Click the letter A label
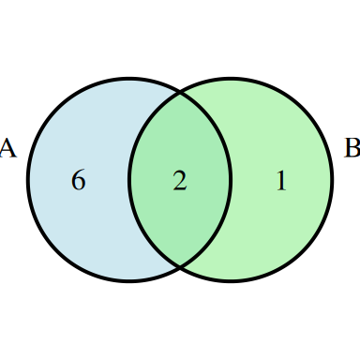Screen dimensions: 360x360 (7, 148)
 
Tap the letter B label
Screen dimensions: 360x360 (352, 148)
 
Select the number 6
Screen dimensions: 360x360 (79, 180)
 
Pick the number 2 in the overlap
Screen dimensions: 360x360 (180, 180)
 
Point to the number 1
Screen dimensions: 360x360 (280, 180)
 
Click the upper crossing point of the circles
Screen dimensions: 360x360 (180, 93)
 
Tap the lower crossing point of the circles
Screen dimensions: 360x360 (180, 267)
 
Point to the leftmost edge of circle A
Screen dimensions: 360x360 (28, 180)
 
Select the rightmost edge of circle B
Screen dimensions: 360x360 (332, 180)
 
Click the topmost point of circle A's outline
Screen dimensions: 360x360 (129, 79)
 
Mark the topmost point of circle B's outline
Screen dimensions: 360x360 (231, 79)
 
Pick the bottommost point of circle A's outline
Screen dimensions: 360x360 (129, 281)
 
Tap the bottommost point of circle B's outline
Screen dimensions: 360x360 (231, 281)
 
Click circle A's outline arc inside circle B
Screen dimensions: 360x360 (231, 180)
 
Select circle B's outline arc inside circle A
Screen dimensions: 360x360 (129, 180)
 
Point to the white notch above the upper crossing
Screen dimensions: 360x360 (180, 82)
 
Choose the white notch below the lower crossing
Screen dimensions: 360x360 (180, 277)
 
